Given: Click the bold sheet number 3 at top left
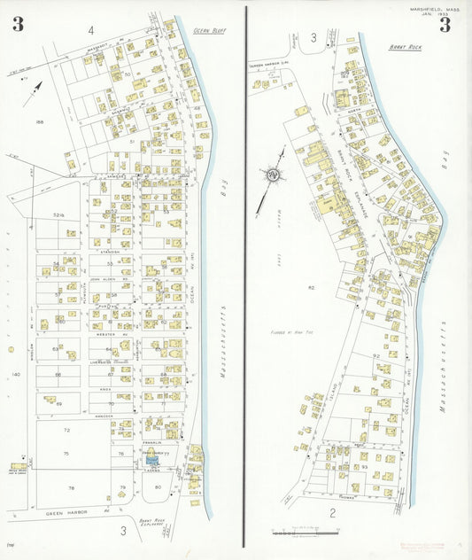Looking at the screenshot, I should (x=18, y=25).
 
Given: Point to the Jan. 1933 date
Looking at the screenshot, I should (x=436, y=15).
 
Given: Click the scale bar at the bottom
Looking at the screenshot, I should (x=306, y=533).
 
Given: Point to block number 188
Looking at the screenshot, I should (x=39, y=121).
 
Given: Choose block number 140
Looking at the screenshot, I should (x=14, y=375).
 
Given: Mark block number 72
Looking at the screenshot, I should (x=66, y=430).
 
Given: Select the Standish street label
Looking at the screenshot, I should (x=110, y=253).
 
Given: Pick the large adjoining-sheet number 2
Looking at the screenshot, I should (x=333, y=512).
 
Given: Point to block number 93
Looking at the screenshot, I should (x=365, y=466).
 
